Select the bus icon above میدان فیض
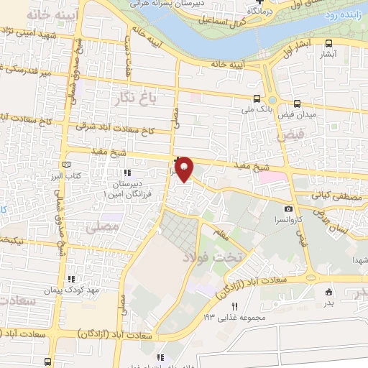[298, 103]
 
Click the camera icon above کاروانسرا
[288, 208]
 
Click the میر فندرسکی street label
[16, 68]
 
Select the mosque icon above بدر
[329, 292]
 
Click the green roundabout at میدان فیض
[272, 100]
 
